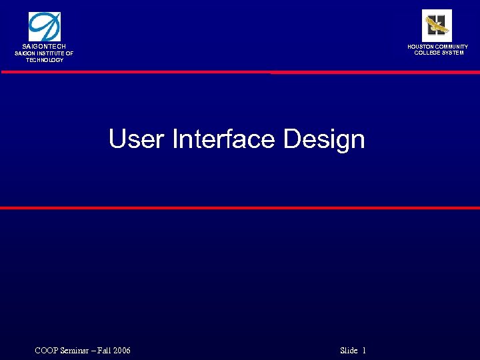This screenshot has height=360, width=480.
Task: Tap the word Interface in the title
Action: [x=223, y=139]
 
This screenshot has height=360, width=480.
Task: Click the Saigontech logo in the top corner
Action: [x=44, y=27]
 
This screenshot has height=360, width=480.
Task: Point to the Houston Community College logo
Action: [x=437, y=26]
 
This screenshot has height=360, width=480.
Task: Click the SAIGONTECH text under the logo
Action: [x=44, y=46]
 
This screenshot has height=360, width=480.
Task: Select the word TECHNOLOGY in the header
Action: [x=45, y=60]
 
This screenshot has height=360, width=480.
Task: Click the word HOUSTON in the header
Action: [x=421, y=47]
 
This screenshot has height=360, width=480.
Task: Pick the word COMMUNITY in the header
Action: [x=453, y=47]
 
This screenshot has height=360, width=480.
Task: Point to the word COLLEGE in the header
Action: [x=427, y=53]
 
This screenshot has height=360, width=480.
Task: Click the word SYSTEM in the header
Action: [x=453, y=53]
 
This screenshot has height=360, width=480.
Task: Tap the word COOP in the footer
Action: [x=45, y=351]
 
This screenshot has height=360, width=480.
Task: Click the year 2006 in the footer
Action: [x=121, y=351]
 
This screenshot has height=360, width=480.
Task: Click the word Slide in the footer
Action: [x=349, y=351]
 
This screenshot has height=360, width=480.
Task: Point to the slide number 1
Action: [x=365, y=351]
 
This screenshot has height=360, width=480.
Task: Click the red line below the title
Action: [x=240, y=208]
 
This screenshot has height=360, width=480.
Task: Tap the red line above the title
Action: [x=240, y=72]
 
